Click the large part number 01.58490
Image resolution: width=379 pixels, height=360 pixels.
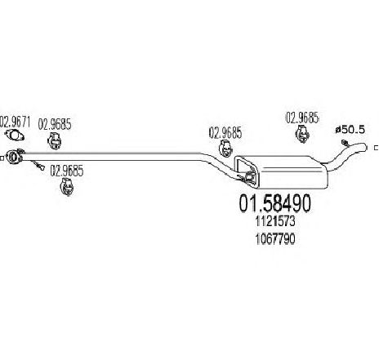(x=274, y=203)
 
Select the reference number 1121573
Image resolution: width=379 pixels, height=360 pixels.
(x=275, y=221)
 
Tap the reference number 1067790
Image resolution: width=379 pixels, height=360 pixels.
(x=275, y=239)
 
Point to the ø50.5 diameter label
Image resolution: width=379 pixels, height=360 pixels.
(x=350, y=130)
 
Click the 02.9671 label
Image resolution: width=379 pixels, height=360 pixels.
(x=15, y=122)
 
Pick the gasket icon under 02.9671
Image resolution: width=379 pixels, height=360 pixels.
(x=15, y=136)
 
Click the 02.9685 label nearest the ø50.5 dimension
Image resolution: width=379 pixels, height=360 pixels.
(x=302, y=118)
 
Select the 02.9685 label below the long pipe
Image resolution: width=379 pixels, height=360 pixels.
(x=67, y=171)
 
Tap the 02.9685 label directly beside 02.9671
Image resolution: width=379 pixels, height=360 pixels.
(x=55, y=124)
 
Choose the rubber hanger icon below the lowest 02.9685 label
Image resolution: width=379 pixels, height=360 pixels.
(x=67, y=187)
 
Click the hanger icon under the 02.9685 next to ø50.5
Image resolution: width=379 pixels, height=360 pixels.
(x=302, y=134)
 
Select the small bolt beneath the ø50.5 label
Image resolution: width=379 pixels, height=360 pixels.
(x=345, y=143)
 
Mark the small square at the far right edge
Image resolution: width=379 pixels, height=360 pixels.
(x=377, y=148)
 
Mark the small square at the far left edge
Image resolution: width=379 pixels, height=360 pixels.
(x=2, y=158)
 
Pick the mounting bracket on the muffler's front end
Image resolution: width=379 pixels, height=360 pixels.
(x=246, y=169)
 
